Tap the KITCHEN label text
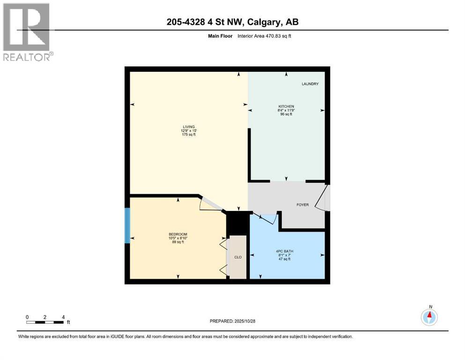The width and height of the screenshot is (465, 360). pos(286,106)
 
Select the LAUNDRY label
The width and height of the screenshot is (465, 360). pos(310,84)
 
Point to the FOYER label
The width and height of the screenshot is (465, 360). pos(303,205)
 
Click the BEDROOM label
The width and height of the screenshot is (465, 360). pos(178,234)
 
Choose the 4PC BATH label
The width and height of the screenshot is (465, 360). pos(286,251)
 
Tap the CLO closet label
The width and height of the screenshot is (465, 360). pos(237,257)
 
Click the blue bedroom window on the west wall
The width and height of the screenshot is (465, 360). pos(126,225)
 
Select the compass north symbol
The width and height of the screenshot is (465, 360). pos(429,317)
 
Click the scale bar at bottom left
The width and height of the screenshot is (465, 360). pos(45,322)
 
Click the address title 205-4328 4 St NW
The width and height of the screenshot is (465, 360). pos(232,22)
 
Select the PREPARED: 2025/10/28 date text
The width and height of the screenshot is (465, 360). pos(232,321)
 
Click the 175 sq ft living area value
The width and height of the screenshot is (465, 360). pos(189,135)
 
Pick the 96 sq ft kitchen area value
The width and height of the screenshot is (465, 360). pos(286,114)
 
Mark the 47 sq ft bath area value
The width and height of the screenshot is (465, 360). pos(286,259)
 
